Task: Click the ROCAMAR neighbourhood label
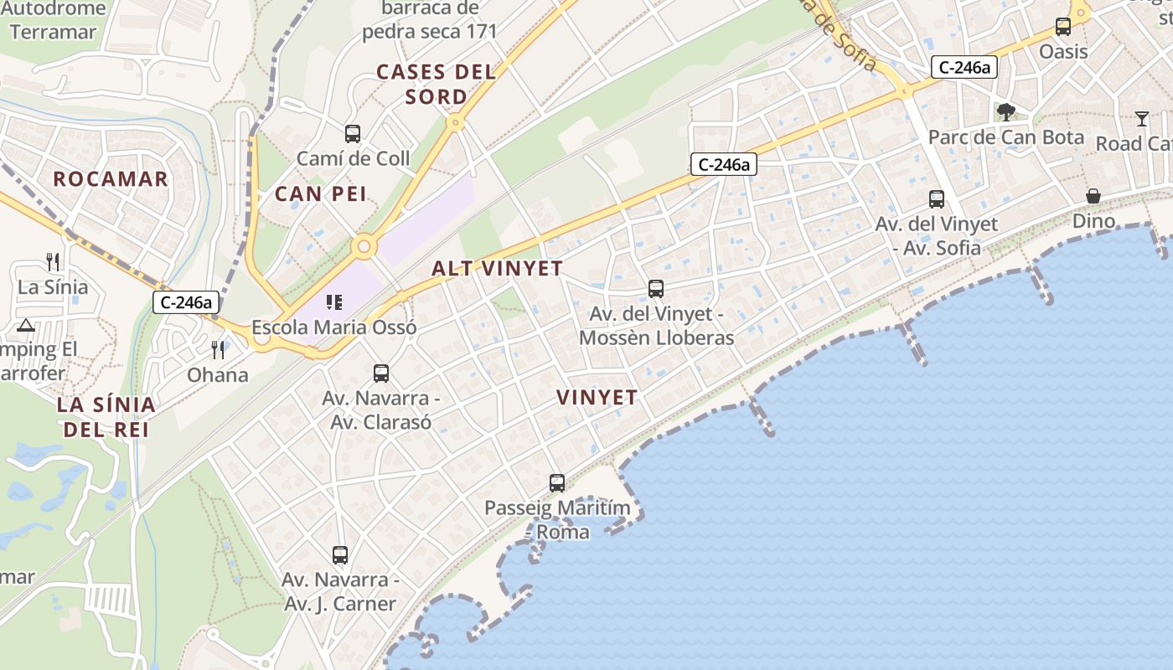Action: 111,178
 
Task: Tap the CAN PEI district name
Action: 321,194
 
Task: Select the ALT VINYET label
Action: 497,269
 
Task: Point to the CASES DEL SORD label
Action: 436,84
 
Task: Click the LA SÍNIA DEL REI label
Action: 106,417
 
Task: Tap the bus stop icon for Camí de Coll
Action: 353,133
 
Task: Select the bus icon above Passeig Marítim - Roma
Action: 557,482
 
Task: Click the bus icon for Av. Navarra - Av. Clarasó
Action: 381,373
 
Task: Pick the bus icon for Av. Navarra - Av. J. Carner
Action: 340,554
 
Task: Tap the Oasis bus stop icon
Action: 1063,27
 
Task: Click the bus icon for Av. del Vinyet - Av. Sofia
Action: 937,199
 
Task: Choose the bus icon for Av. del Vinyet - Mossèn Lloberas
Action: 656,289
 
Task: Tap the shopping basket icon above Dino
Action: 1093,196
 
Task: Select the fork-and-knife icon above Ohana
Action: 219,349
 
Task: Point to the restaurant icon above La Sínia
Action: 53,262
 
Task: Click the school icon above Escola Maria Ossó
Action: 334,302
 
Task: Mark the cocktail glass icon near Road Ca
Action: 1142,118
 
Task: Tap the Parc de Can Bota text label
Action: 1006,137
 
